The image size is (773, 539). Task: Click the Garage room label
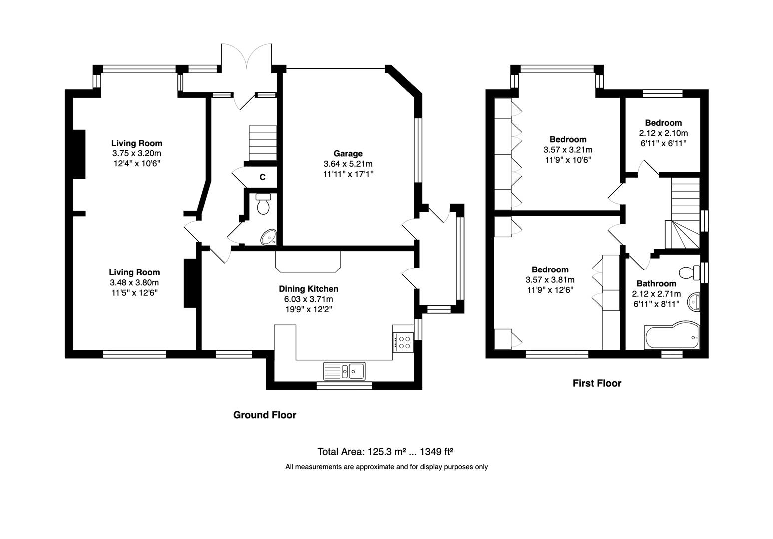click(348, 154)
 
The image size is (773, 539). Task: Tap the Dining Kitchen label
click(308, 289)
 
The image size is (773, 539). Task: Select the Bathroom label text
click(656, 284)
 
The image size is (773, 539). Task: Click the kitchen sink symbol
click(345, 371)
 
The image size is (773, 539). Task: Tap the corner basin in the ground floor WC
click(269, 237)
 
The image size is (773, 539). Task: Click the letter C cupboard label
click(262, 177)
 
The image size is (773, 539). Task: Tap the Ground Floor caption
click(265, 415)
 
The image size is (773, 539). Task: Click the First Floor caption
click(597, 383)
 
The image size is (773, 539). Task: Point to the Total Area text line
click(385, 452)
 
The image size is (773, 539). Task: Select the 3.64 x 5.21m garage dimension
click(348, 164)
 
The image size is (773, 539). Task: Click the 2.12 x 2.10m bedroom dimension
click(663, 133)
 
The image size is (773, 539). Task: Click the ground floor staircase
click(263, 143)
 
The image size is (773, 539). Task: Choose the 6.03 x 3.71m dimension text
click(308, 299)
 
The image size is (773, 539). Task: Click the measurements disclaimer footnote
click(386, 467)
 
